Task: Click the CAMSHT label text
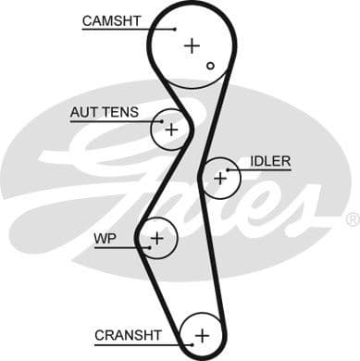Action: (x=113, y=20)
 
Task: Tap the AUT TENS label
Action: (x=104, y=113)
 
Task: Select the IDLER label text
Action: (x=269, y=161)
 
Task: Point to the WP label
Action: (x=105, y=238)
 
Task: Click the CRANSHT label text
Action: (x=128, y=334)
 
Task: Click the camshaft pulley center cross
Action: (x=191, y=44)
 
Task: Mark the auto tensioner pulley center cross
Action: (x=170, y=130)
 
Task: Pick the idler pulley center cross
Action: (x=219, y=177)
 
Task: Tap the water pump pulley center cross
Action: (x=157, y=239)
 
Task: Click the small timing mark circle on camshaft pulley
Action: (x=211, y=66)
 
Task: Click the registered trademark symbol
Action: (x=352, y=219)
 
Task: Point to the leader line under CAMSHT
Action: (x=120, y=30)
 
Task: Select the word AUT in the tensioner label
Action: (x=84, y=113)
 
